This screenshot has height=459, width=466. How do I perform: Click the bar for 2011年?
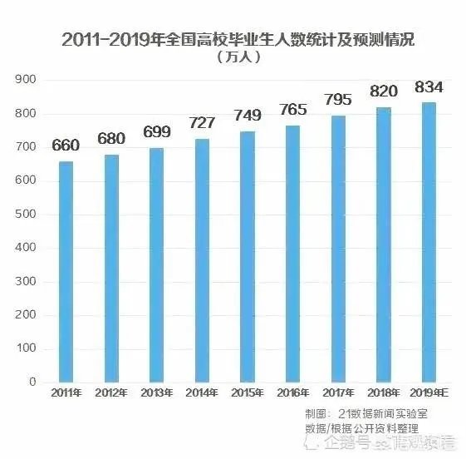[x=66, y=271]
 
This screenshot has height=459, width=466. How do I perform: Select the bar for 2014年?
[x=202, y=260]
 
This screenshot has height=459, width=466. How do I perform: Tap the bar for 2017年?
[x=338, y=249]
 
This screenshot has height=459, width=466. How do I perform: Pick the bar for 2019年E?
[x=429, y=242]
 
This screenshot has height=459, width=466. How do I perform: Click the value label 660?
[x=66, y=146]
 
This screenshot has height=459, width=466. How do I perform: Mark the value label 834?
[x=429, y=86]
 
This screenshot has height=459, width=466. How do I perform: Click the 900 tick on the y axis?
[x=26, y=80]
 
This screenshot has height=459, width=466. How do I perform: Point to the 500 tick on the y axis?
[x=26, y=215]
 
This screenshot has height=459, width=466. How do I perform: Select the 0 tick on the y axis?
[x=32, y=382]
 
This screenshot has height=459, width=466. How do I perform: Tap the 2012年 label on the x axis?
[x=110, y=394]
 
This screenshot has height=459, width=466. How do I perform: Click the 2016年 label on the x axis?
[x=292, y=394]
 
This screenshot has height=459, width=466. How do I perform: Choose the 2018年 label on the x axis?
[x=384, y=394]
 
